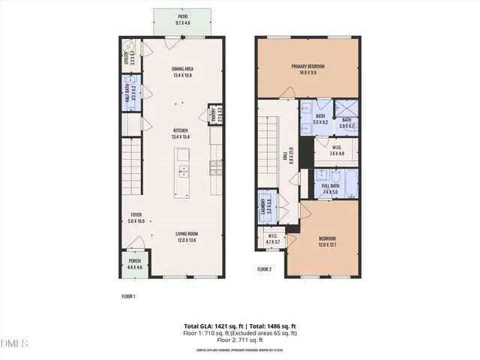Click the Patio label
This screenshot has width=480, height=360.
(182, 19)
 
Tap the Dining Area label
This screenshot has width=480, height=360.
(182, 72)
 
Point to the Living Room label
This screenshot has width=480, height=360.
(187, 237)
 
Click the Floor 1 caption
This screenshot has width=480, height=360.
(128, 296)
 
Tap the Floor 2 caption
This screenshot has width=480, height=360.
(264, 268)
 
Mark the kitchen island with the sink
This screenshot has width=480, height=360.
(182, 172)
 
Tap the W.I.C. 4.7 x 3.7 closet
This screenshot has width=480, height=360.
(272, 240)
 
